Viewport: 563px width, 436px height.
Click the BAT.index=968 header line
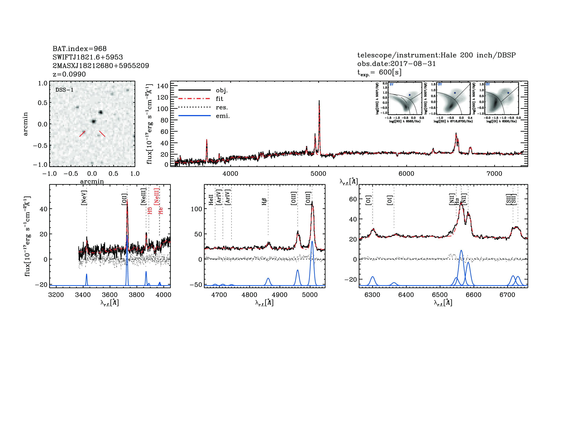[79, 49]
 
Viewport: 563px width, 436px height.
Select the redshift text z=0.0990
[69, 74]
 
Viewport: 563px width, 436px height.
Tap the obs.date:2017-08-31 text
[396, 64]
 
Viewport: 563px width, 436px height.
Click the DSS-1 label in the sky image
[64, 90]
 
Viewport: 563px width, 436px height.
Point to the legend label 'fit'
[219, 99]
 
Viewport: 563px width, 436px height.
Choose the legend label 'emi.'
[223, 116]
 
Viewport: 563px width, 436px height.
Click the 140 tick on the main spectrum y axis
[162, 86]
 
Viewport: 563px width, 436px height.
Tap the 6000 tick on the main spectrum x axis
[406, 174]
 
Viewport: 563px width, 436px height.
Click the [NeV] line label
[84, 198]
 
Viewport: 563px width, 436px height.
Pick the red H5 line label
[150, 210]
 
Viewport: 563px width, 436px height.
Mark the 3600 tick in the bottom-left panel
[110, 295]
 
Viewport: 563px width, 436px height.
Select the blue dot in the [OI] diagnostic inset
[508, 93]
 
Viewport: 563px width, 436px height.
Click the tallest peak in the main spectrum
[319, 101]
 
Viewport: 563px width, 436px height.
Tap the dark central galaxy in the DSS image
[93, 121]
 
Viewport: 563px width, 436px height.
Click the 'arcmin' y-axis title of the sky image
[25, 124]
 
